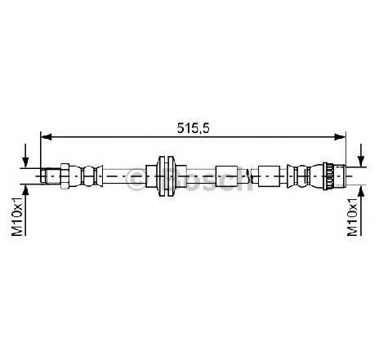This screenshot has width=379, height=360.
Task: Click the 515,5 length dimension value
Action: coord(193,128)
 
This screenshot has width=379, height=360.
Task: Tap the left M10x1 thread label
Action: coord(17,216)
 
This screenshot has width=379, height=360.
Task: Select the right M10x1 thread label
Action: coord(352,216)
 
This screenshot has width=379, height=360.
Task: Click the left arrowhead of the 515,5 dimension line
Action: coord(46,137)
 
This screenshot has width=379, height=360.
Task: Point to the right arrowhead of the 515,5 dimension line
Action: coord(340,137)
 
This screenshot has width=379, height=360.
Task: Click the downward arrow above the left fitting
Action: coord(25,155)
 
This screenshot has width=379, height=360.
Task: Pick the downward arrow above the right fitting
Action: coord(361,155)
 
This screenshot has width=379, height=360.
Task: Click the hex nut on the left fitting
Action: coord(65,176)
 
